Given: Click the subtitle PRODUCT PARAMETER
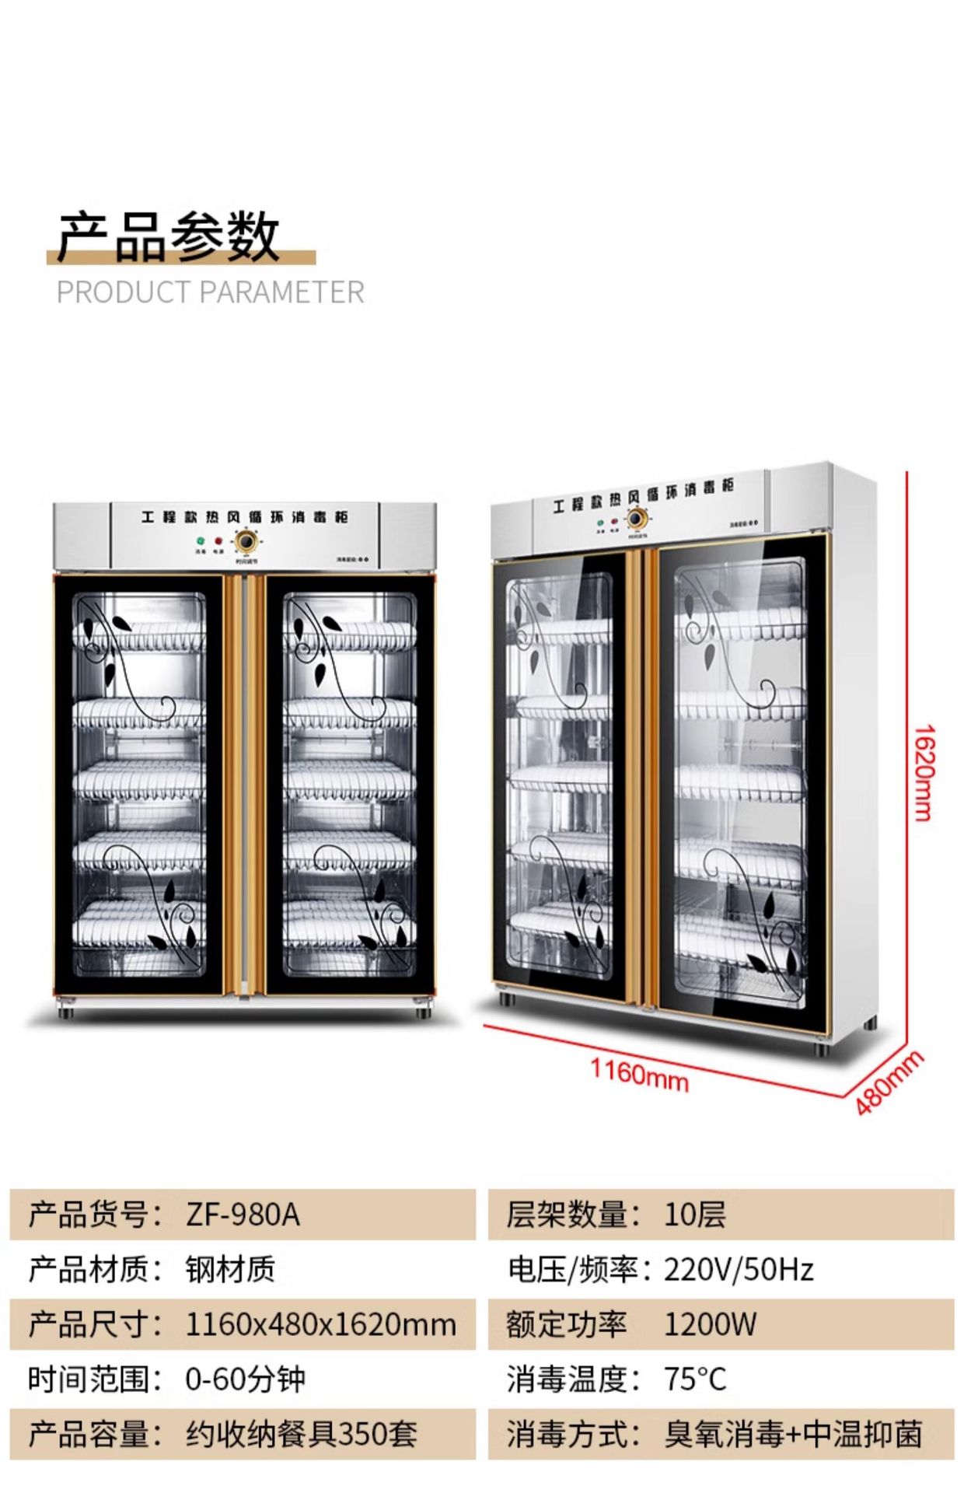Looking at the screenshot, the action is click(210, 292).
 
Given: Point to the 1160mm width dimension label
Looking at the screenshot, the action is click(639, 1075).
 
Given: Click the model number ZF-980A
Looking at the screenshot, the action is click(243, 1215).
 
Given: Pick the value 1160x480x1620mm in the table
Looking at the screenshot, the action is click(320, 1324).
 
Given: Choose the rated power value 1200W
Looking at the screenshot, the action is click(710, 1324).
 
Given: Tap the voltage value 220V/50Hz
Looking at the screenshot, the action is click(739, 1270).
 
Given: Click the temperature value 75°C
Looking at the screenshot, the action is click(695, 1379).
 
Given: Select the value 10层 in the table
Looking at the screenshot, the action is click(694, 1215).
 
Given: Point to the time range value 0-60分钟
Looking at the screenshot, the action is click(245, 1379).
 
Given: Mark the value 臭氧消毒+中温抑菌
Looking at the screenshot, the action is click(793, 1434).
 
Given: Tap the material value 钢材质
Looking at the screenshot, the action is click(230, 1270).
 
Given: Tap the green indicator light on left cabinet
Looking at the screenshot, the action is click(201, 540).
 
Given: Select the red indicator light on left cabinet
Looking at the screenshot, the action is click(218, 540).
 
